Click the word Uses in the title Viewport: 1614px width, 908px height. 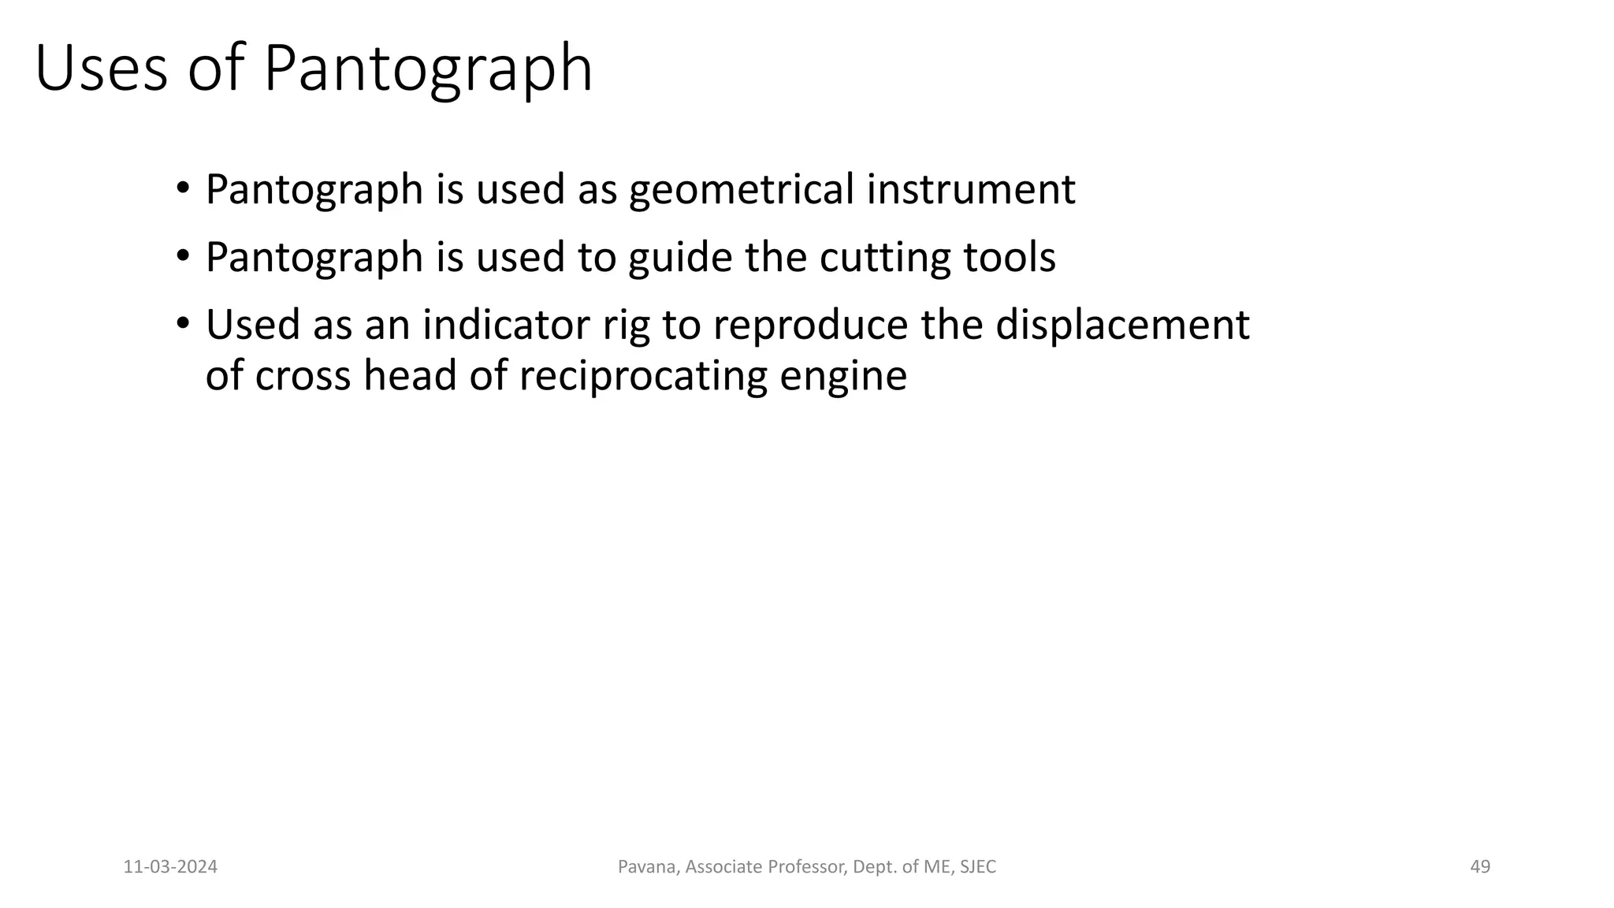tap(101, 69)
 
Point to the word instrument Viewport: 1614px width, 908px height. tap(971, 190)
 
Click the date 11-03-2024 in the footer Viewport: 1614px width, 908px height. tap(171, 867)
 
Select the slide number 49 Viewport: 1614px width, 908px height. tap(1480, 867)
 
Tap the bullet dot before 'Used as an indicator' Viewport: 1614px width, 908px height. tap(183, 323)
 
